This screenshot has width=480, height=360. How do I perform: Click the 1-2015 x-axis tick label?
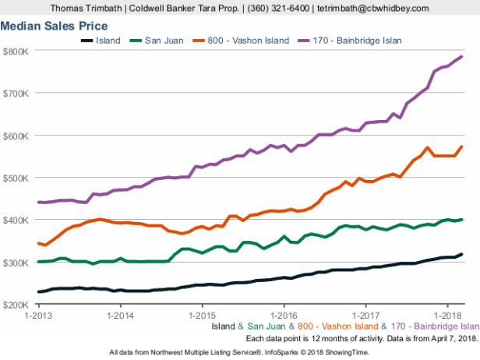pos(203,315)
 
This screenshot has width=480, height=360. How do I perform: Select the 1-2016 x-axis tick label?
pos(284,315)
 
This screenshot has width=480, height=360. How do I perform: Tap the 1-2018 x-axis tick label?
pos(447,315)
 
